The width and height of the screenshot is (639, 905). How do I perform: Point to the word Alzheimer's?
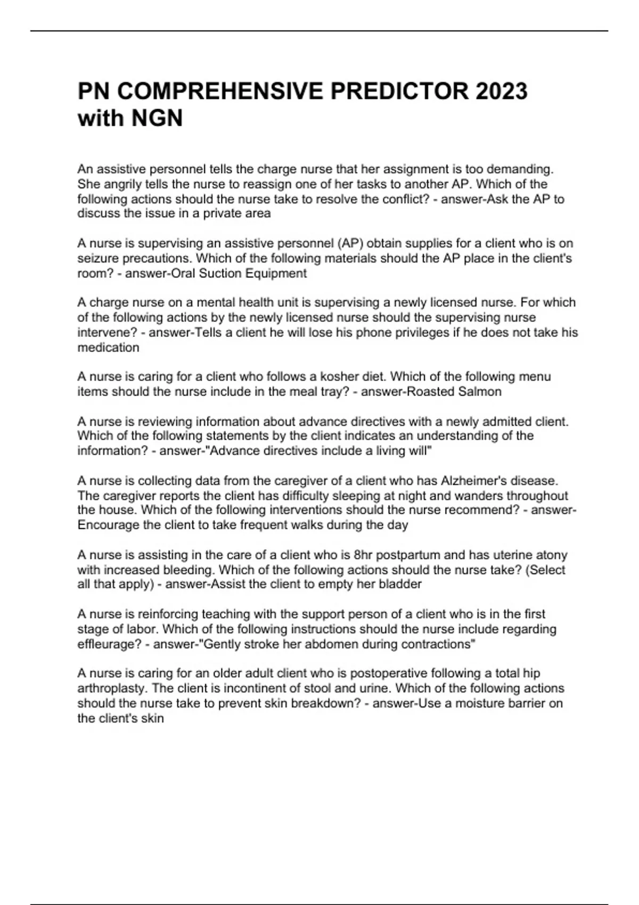472,481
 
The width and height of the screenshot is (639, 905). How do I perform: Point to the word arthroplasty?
110,688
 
